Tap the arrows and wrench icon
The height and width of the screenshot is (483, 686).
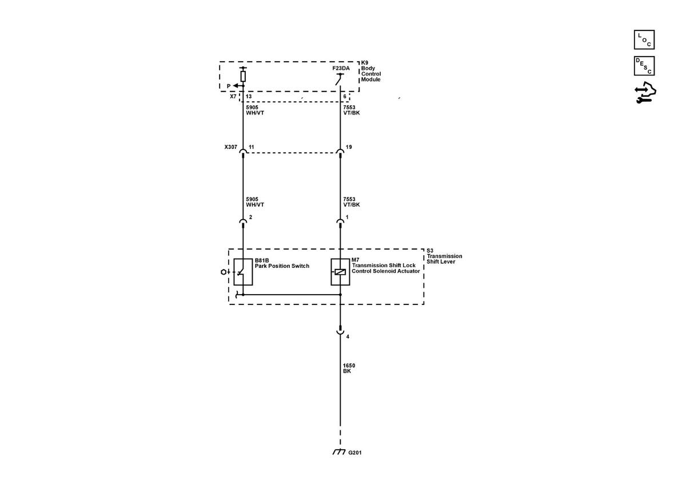[x=645, y=92]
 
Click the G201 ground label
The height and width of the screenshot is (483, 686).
[x=355, y=452]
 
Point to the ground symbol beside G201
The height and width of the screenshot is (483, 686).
[x=338, y=452]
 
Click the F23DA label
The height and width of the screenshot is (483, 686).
[x=341, y=68]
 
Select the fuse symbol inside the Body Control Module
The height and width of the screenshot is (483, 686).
[x=243, y=76]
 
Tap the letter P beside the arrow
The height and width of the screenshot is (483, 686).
[x=229, y=86]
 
